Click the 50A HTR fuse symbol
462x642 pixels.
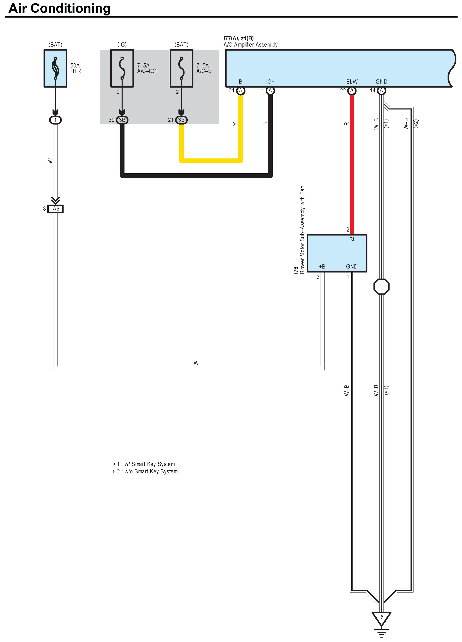[55, 68]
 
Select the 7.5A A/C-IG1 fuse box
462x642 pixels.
[122, 68]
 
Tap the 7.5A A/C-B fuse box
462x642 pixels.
[181, 68]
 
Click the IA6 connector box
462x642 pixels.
[55, 209]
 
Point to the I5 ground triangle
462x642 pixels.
[382, 618]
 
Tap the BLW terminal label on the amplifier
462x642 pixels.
[352, 82]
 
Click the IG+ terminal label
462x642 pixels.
[270, 82]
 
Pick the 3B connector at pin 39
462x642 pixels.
[122, 120]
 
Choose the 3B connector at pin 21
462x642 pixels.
[181, 120]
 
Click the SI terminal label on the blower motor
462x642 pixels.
[352, 239]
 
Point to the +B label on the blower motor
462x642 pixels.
[322, 267]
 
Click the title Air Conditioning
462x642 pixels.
[60, 8]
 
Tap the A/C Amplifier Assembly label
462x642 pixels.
[251, 45]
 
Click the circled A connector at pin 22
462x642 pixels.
[352, 91]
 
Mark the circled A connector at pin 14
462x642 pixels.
[382, 91]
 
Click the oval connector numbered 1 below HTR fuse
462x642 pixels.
[55, 120]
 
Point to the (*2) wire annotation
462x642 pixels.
[416, 124]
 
